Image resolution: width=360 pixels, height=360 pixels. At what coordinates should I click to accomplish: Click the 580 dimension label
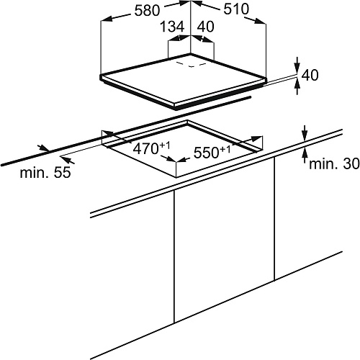coord(147,11)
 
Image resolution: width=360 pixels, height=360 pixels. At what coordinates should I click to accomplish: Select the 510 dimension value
coord(236,9)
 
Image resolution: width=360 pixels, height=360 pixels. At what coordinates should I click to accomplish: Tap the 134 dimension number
coord(172,27)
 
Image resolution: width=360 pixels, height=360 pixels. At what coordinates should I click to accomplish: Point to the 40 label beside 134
coord(205,27)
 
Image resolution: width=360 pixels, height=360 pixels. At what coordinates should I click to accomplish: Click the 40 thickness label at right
coord(310,75)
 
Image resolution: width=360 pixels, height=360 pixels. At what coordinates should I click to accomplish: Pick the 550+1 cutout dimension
coord(212,152)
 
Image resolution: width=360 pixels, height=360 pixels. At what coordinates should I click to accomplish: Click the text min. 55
coord(45,172)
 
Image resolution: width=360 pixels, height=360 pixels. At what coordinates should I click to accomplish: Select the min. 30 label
coord(334,164)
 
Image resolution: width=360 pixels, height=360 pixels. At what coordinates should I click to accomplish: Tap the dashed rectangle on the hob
coord(192,64)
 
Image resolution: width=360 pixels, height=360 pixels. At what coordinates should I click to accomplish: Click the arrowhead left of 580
coord(107,19)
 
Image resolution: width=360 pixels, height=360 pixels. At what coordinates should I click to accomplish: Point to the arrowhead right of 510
coord(260,21)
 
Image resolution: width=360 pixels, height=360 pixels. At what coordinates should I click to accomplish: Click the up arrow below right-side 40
coord(297,85)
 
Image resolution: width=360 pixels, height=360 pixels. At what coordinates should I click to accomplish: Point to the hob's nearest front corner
coord(176,107)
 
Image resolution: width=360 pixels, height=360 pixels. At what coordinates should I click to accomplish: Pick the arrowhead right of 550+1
coord(257,139)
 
